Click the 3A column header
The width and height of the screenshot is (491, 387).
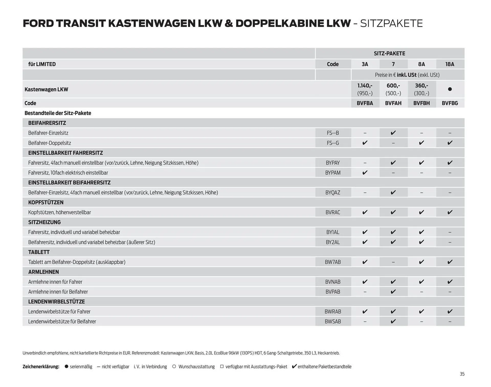(x=365, y=64)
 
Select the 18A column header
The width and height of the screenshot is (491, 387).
(x=450, y=64)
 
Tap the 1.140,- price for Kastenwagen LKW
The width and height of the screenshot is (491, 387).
(x=365, y=86)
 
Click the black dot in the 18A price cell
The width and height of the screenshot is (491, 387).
(x=450, y=89)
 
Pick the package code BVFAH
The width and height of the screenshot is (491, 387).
(x=393, y=103)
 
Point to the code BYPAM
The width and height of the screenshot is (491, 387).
(x=333, y=173)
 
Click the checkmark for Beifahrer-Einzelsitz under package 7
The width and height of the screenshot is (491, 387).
(x=393, y=133)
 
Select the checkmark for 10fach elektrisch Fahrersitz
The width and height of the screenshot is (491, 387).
(x=365, y=173)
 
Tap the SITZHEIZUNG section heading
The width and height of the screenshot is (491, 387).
(x=44, y=222)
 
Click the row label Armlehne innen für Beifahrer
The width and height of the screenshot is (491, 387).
(x=58, y=292)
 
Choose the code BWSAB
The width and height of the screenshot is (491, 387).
(x=333, y=322)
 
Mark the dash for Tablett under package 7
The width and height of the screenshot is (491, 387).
(x=393, y=262)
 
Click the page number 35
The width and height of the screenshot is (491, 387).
(x=462, y=374)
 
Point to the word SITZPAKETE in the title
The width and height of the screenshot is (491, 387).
(x=391, y=24)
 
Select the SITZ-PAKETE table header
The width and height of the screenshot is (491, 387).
(x=389, y=54)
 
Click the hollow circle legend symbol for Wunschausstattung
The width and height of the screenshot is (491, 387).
(x=174, y=367)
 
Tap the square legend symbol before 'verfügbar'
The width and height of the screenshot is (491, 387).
(x=222, y=367)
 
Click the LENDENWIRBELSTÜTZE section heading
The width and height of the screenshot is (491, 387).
(x=57, y=302)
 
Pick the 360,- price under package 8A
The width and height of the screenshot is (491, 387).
(x=421, y=86)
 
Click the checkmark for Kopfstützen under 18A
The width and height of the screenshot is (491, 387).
(x=450, y=212)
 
